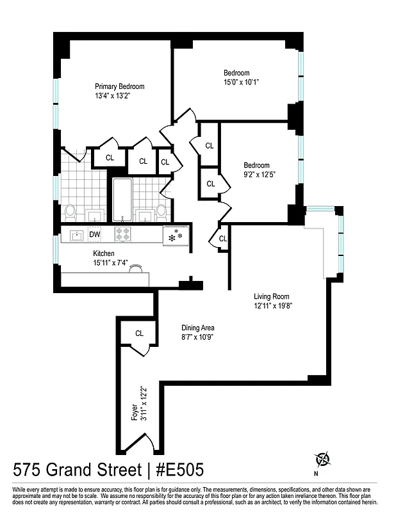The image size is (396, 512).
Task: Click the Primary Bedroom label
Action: (119, 86)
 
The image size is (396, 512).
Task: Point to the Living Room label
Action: (272, 296)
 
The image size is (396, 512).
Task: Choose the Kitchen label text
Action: (103, 253)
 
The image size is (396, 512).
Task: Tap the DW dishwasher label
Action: (94, 235)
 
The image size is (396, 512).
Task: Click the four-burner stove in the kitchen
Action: (122, 235)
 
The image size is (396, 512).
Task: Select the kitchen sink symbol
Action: (76, 235)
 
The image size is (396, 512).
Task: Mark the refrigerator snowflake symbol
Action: (174, 236)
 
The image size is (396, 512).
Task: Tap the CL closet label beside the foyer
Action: (138, 333)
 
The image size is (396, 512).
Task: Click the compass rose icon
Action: (322, 459)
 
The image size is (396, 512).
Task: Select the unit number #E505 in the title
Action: (177, 470)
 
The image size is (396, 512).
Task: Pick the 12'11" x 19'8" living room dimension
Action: (272, 306)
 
